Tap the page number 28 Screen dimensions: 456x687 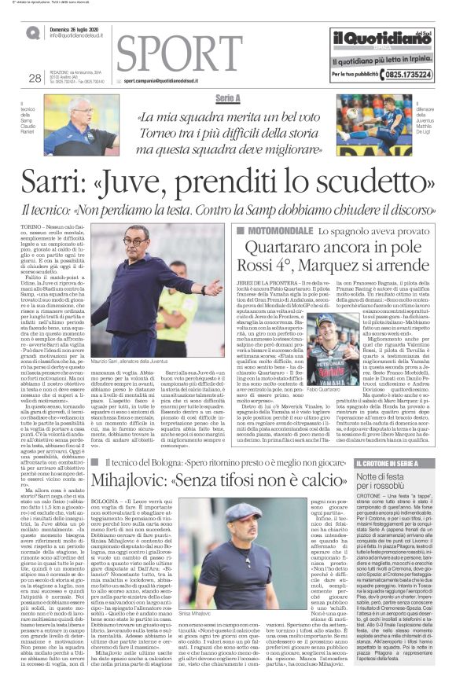pyautogui.click(x=34, y=77)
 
